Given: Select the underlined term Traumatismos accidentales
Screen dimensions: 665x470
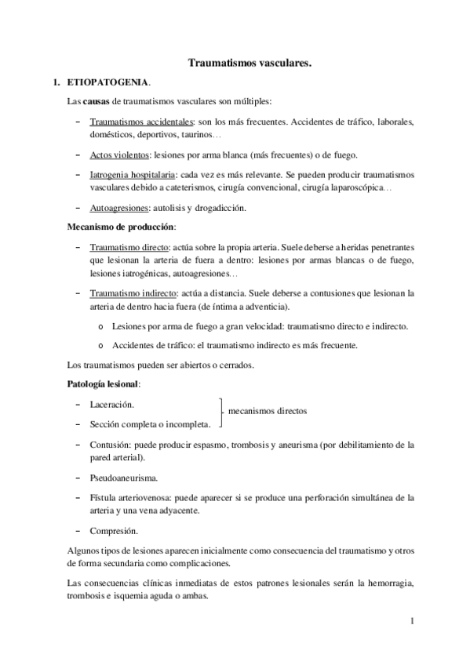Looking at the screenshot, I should [x=140, y=123].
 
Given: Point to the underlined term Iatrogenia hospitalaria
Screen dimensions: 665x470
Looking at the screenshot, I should [x=131, y=174].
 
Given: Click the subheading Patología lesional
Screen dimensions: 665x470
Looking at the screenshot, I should [x=103, y=384].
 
